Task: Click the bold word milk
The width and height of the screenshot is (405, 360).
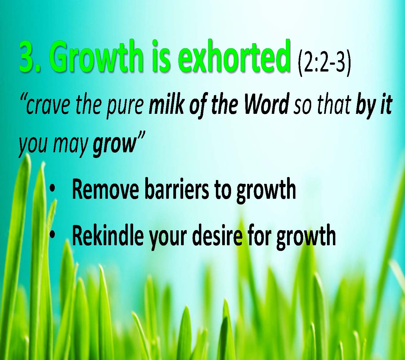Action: click(166, 104)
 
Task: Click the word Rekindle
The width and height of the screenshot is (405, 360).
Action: click(108, 235)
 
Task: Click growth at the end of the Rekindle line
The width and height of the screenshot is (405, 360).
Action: click(306, 238)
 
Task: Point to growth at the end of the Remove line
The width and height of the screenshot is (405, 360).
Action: click(266, 191)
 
